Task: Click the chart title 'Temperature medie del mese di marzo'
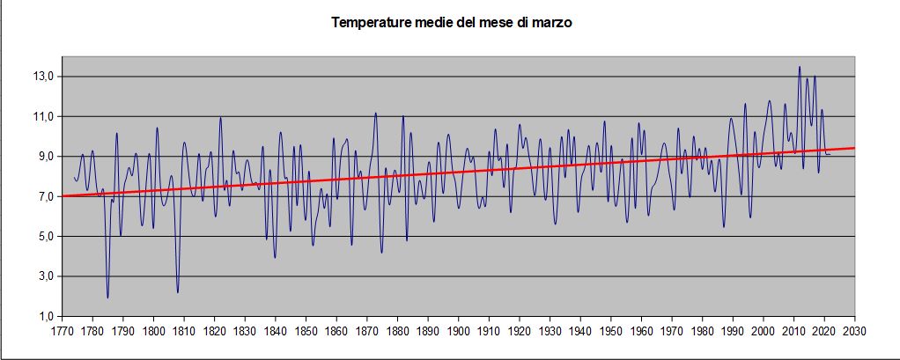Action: [452, 23]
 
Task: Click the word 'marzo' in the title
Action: [552, 23]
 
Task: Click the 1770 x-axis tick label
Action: [62, 332]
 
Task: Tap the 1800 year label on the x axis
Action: [153, 332]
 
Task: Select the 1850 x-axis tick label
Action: [306, 332]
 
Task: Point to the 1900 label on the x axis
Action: [458, 332]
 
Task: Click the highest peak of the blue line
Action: [800, 67]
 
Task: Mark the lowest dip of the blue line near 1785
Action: [107, 298]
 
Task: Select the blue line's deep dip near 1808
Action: [178, 292]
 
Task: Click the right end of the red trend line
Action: [853, 148]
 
